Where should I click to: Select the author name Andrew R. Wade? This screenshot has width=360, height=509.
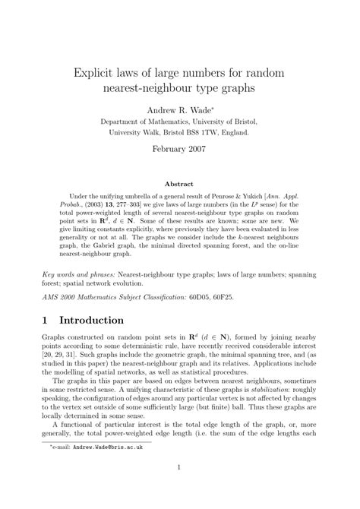tap(178, 110)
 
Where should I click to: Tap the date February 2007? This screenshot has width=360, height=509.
tap(180, 149)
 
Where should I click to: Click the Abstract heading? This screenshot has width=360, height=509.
tap(180, 184)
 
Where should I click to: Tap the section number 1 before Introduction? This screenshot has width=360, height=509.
tap(46, 320)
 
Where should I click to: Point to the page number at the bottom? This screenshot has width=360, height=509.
tap(180, 488)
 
